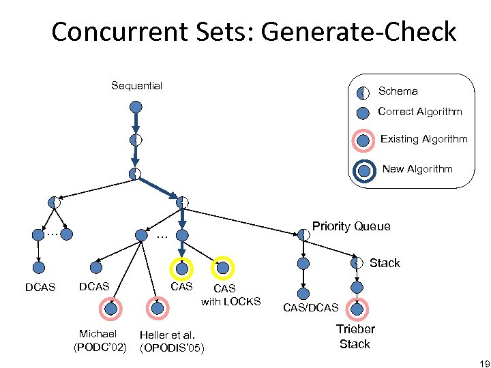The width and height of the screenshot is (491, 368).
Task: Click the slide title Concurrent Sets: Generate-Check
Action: [254, 32]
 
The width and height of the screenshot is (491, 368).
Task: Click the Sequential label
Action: [136, 86]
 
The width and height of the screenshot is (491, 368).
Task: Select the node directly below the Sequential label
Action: [136, 107]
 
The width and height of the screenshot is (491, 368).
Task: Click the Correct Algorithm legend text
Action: [419, 112]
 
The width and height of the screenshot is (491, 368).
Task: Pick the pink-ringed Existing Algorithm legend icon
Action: [364, 140]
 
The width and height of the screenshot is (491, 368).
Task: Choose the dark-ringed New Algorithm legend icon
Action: [364, 170]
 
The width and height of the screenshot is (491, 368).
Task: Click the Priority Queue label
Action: [351, 226]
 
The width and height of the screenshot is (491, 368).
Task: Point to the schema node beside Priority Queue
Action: [303, 234]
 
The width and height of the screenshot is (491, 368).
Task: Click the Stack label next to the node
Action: [385, 263]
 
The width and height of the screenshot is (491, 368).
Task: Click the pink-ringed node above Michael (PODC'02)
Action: [110, 309]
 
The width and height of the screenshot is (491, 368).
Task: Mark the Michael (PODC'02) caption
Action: [100, 340]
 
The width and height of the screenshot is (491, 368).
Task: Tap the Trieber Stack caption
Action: [355, 337]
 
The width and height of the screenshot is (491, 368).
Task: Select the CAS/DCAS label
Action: [310, 308]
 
